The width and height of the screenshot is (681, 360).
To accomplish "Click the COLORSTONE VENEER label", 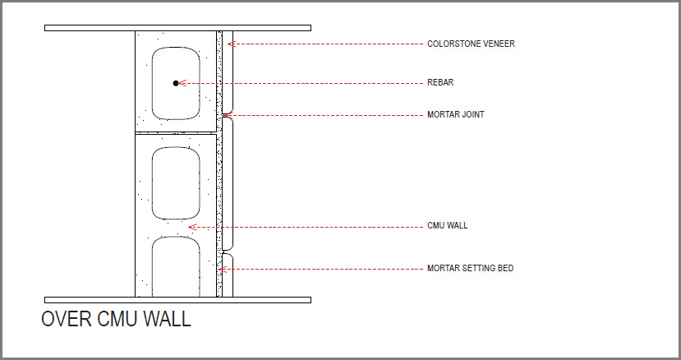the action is (471, 44).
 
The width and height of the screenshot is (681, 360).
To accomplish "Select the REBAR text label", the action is (440, 83).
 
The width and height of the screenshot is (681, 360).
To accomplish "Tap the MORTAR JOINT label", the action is (456, 115).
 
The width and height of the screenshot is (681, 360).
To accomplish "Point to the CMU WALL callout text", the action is (448, 226).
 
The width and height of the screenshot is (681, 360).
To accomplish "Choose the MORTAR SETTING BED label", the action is (471, 268).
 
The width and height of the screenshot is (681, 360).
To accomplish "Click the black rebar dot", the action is (176, 83).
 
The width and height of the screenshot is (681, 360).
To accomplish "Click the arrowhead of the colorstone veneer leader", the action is (232, 44).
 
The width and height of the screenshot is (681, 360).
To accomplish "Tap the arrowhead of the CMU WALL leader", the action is (192, 227).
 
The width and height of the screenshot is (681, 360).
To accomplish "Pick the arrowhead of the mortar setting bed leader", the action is (222, 269).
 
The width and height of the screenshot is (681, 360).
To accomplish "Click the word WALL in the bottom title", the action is (168, 319).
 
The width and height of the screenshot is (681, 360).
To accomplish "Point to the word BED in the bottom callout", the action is (505, 268).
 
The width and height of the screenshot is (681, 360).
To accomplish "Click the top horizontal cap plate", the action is (177, 28).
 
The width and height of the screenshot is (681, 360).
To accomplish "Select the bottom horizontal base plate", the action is (177, 300).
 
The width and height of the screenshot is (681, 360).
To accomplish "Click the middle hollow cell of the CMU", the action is (176, 183).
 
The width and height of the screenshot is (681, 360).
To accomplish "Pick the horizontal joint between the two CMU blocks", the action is (176, 133).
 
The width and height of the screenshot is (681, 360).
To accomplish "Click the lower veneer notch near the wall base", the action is (225, 252).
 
